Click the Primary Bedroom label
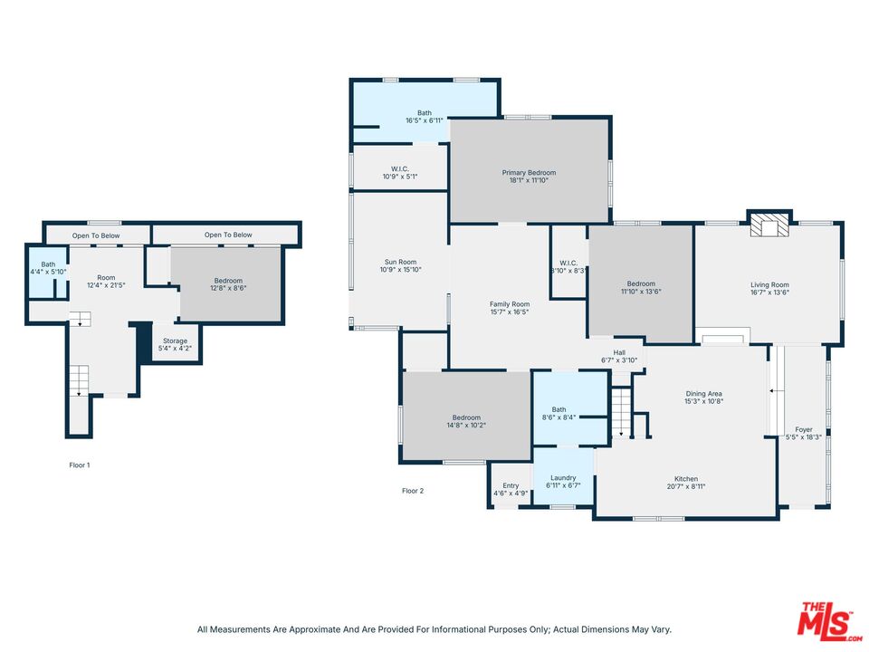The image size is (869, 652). [x=529, y=172]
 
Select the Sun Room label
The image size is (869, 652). [x=400, y=263]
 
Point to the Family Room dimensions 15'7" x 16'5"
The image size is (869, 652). [x=510, y=312]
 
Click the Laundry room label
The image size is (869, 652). [x=563, y=478]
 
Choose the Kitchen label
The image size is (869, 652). [x=686, y=479]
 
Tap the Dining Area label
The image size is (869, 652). [x=704, y=394]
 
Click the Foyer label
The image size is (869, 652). [x=804, y=429]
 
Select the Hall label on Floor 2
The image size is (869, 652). [x=619, y=352]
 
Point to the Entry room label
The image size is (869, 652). [x=511, y=485]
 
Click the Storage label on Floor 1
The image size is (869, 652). [x=175, y=341]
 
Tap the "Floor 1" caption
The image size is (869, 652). [x=80, y=465]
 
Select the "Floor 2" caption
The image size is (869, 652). [x=413, y=491]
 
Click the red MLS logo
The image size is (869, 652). [x=829, y=621]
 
